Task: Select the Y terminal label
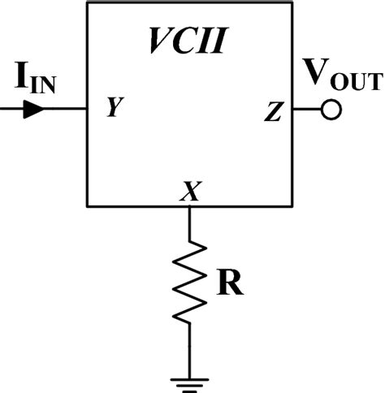[114, 108]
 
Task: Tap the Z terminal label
[272, 112]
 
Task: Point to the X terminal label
[189, 192]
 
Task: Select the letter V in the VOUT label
[314, 75]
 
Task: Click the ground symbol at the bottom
[189, 382]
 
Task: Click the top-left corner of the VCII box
[88, 2]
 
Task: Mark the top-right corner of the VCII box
[292, 2]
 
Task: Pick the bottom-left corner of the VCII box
[88, 206]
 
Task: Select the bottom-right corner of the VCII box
[292, 206]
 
